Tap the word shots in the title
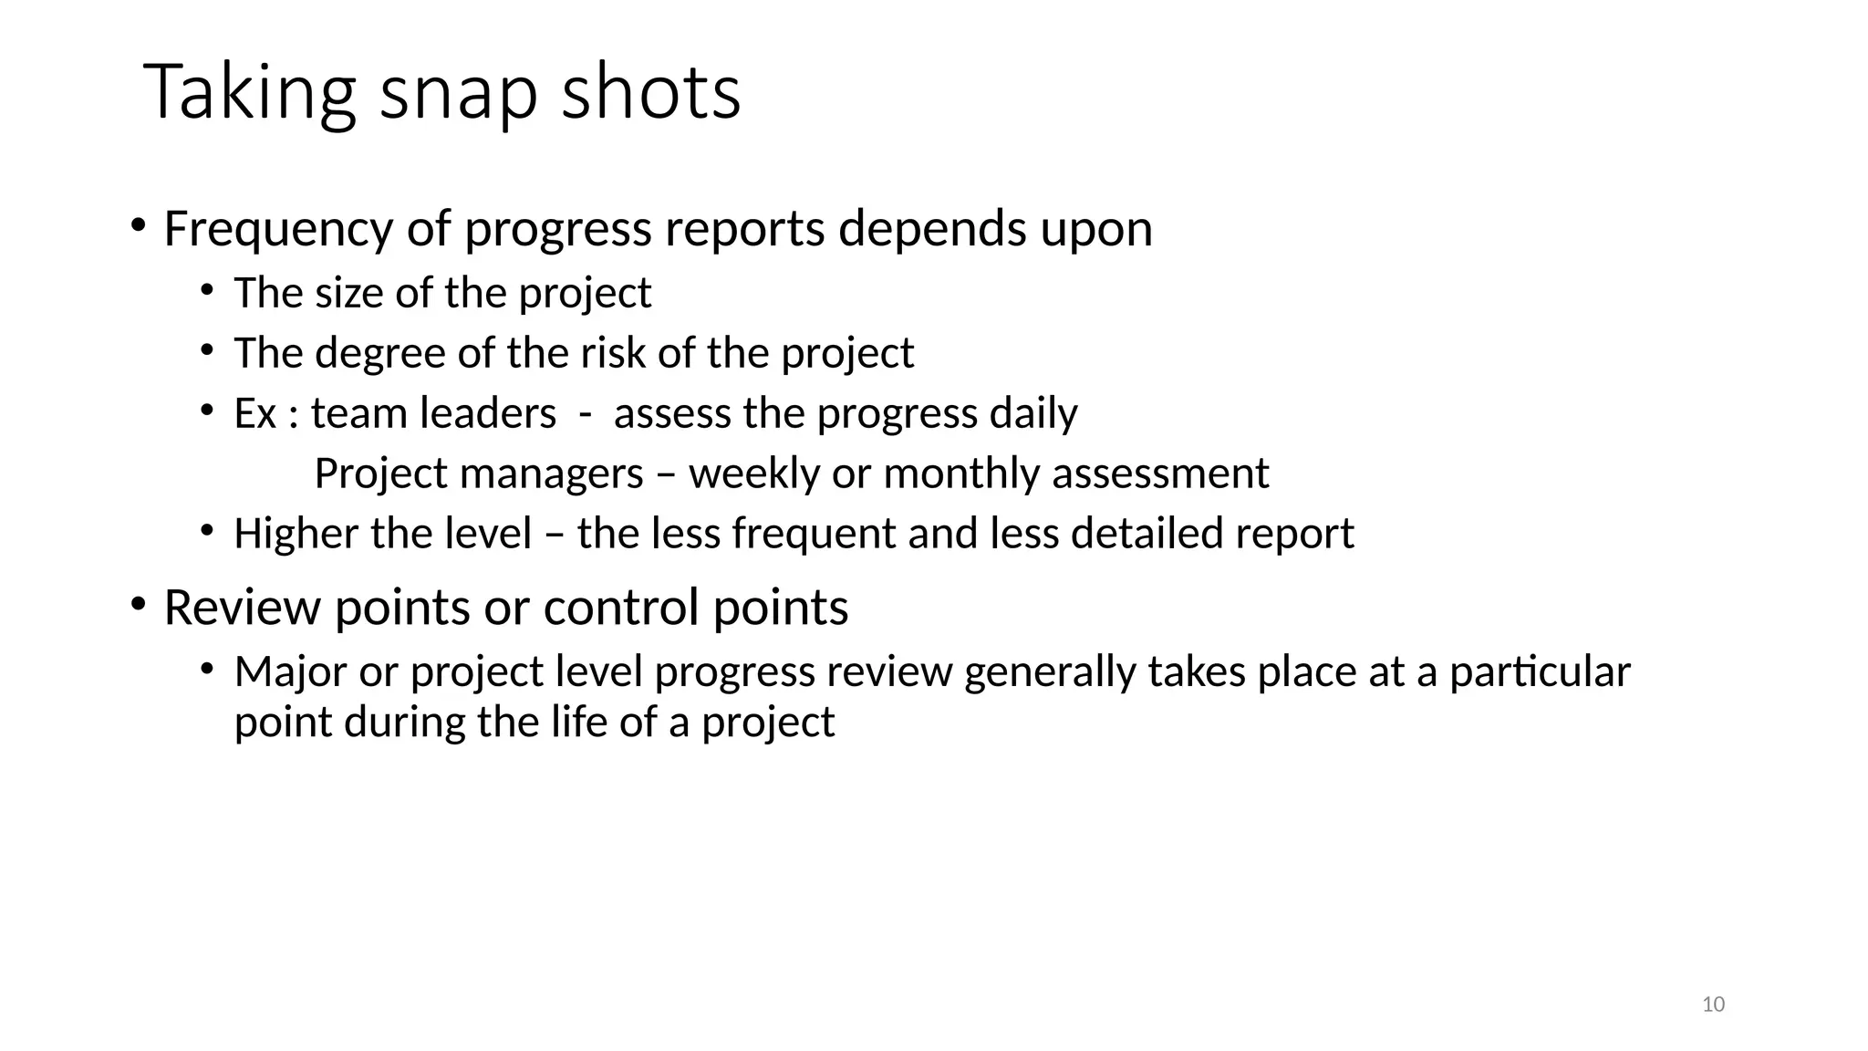650,93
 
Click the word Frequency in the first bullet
278,229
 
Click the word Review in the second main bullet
242,609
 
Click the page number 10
1713,1004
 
